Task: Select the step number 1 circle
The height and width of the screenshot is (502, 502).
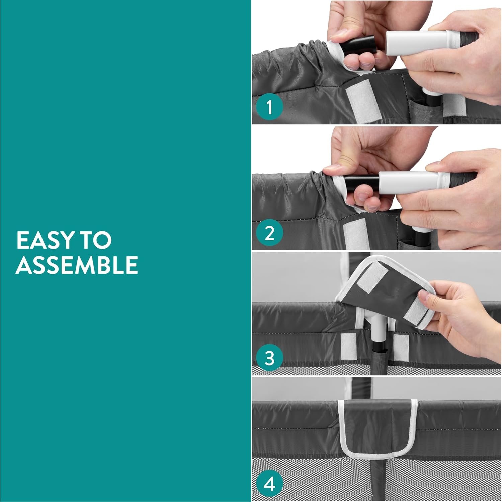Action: (269, 107)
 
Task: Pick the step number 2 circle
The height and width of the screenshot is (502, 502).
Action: (269, 233)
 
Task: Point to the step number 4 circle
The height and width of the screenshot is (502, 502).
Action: (269, 484)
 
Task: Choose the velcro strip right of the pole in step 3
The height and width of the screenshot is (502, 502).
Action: (401, 347)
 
